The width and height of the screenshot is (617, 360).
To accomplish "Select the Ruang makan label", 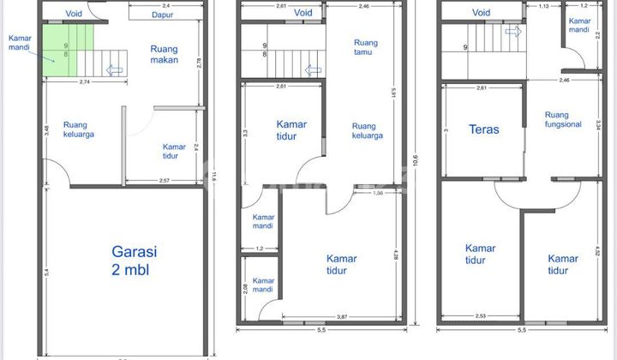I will click(164, 54).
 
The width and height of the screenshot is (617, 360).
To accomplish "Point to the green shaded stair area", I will click(61, 49).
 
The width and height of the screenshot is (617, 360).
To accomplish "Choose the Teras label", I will click(483, 130).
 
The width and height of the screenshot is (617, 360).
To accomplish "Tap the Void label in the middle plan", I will click(303, 13).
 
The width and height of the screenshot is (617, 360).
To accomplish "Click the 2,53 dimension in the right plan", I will click(481, 316).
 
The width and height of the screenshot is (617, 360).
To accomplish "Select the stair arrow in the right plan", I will click(512, 32).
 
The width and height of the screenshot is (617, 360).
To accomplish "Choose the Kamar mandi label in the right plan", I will click(580, 25).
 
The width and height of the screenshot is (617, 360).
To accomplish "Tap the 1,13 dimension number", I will click(542, 6).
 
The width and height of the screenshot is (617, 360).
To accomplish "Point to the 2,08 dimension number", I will click(245, 288).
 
